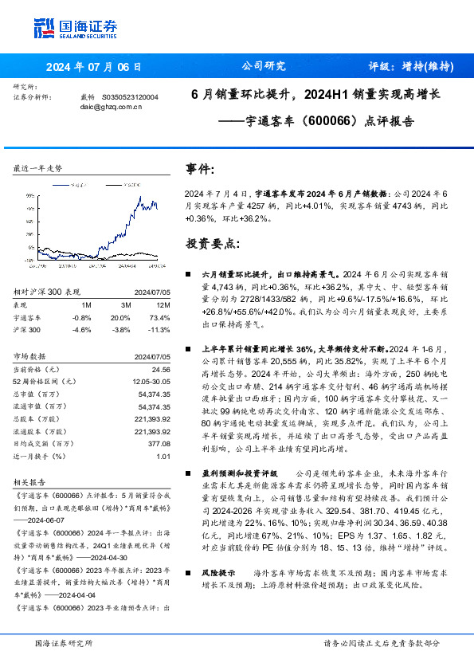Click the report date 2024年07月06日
pyautogui.click(x=94, y=66)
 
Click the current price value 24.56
pyautogui.click(x=162, y=370)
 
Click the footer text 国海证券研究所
pyautogui.click(x=64, y=642)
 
